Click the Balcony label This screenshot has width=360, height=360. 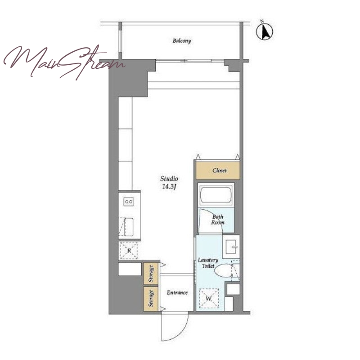tap(182, 41)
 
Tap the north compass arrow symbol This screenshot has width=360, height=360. tap(265, 31)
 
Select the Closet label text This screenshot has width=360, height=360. tap(220, 171)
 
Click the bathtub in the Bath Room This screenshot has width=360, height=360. tap(216, 195)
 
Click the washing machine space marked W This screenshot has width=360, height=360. tap(209, 298)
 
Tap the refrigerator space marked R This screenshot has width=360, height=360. tap(129, 251)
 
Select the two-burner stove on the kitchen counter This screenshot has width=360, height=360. tap(129, 202)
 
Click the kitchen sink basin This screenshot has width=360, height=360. tap(129, 227)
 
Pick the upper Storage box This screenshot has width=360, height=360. tap(151, 273)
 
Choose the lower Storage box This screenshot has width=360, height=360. tap(151, 298)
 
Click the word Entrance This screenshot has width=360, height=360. tap(177, 292)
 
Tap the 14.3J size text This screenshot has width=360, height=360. tap(169, 186)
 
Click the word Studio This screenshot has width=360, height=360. tap(169, 178)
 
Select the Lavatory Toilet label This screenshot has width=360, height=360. tap(208, 263)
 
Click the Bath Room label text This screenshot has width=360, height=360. tap(218, 220)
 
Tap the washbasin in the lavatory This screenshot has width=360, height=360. tap(231, 247)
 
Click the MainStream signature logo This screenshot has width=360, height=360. tap(64, 62)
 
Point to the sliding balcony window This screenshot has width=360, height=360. tap(190, 61)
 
